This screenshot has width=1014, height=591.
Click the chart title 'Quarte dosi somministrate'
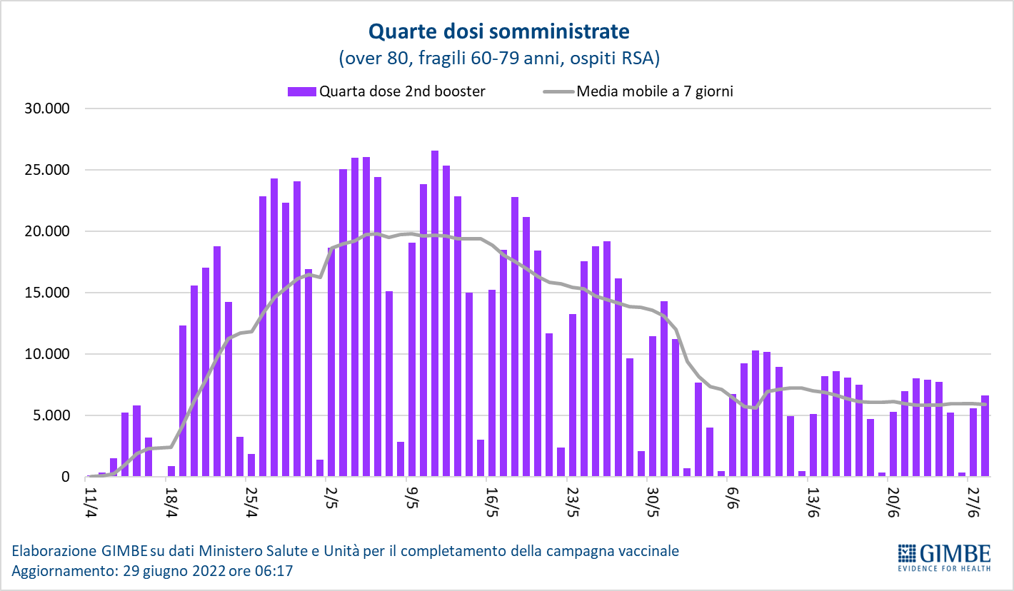[x=499, y=31]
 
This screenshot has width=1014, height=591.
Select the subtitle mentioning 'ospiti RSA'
[x=499, y=57]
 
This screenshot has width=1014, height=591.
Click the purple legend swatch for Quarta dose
[x=301, y=91]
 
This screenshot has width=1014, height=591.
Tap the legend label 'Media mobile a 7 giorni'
[x=655, y=91]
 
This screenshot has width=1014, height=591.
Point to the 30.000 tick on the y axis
[x=46, y=108]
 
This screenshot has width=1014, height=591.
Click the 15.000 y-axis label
[x=46, y=293]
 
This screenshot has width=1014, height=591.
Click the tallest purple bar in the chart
[x=434, y=314]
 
